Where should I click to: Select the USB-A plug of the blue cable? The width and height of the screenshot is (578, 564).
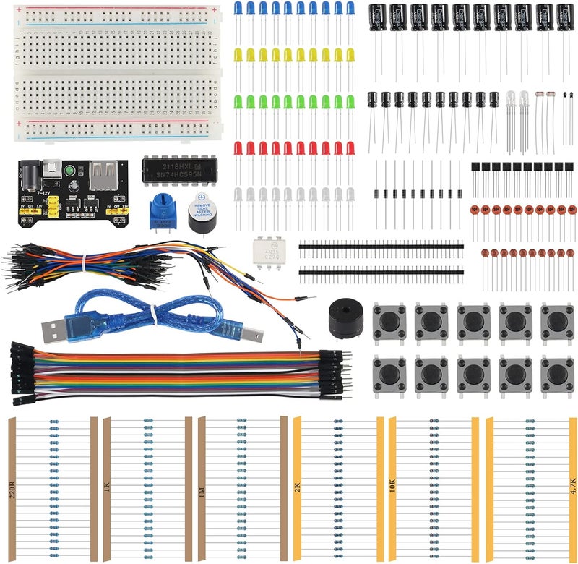point(56,331)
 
